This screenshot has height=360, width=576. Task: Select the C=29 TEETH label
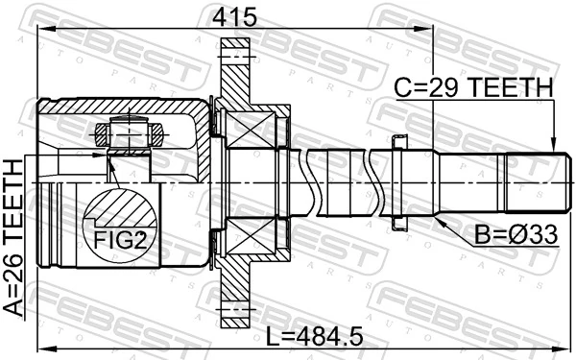tap(474, 87)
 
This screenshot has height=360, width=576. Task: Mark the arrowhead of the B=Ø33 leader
tap(438, 219)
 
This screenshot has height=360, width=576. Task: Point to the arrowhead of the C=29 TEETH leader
tap(554, 146)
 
